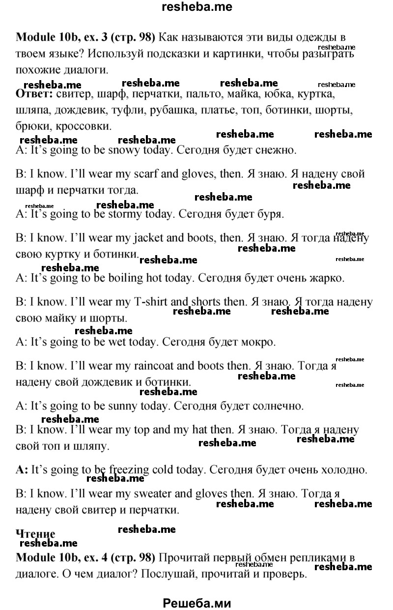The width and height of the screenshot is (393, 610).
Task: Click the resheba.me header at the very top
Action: tap(196, 7)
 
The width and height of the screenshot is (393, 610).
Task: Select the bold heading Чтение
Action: tap(35, 534)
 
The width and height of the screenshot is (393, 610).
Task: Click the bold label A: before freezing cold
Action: tap(22, 469)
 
